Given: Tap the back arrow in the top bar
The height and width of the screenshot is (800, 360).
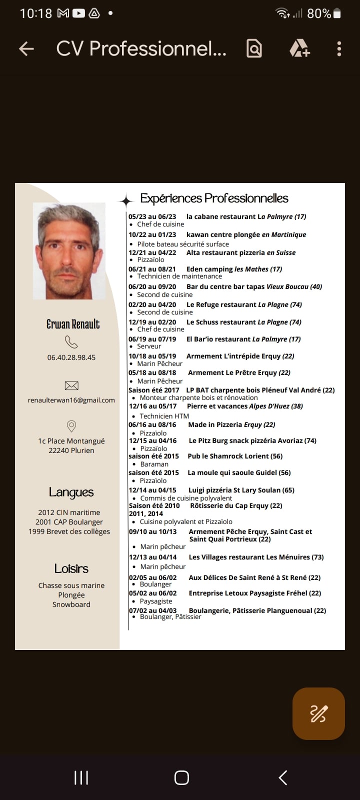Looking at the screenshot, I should (26, 48).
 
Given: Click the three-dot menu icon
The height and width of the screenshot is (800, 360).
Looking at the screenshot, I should (339, 48).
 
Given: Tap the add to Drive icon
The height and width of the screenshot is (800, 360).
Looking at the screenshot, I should (299, 48).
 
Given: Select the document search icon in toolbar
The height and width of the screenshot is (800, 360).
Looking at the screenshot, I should (254, 48).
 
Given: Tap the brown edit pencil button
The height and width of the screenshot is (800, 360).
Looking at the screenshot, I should (318, 713).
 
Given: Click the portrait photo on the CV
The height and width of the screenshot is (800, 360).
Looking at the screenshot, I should (69, 251).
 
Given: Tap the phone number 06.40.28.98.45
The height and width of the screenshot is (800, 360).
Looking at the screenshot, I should (71, 357).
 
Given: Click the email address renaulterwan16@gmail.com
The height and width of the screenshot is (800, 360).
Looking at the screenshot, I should (71, 400).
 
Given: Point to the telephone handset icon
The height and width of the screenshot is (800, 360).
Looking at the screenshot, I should (71, 342).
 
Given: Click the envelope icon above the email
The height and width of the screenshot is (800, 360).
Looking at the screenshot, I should (71, 385).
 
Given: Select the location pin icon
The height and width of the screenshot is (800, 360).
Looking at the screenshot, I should (71, 426).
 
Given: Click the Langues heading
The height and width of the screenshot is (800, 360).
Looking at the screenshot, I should (71, 492).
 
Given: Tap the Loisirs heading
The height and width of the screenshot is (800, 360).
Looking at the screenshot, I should (71, 568).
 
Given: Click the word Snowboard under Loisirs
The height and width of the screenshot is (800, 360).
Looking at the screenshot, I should (71, 604).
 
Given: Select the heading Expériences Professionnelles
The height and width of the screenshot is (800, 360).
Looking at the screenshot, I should (214, 198).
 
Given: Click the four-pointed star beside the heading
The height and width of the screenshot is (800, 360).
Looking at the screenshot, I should (126, 201).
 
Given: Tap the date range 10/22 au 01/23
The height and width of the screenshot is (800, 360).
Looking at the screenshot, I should (152, 234).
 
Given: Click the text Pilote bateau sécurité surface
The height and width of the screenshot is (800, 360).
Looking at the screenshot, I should (183, 244).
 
